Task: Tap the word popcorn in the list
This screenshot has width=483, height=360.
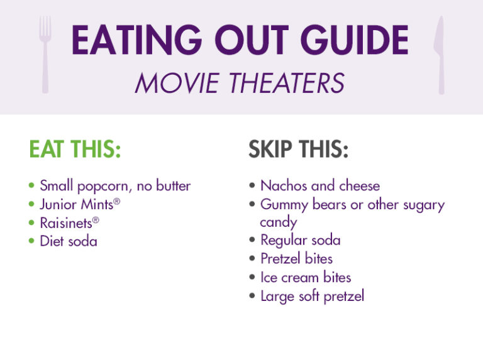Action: pyautogui.click(x=104, y=187)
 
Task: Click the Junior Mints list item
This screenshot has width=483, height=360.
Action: pyautogui.click(x=76, y=204)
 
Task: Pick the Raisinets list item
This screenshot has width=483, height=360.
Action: pyautogui.click(x=66, y=222)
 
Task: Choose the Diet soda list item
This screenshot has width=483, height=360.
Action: pyautogui.click(x=69, y=241)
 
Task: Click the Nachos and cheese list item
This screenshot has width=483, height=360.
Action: pyautogui.click(x=320, y=185)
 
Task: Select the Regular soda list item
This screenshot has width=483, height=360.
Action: pyautogui.click(x=301, y=240)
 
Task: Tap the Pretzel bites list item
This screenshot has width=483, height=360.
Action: pyautogui.click(x=296, y=258)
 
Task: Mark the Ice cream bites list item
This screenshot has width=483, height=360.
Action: pyautogui.click(x=306, y=277)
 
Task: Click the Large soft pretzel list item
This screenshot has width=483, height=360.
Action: pyautogui.click(x=312, y=295)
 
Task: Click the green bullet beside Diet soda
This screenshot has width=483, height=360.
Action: pyautogui.click(x=32, y=241)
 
